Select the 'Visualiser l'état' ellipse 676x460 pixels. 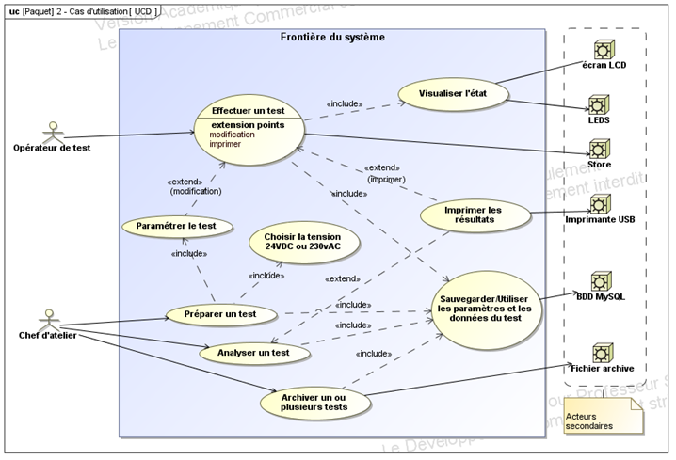[x=454, y=93]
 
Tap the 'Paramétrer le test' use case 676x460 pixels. [x=176, y=226]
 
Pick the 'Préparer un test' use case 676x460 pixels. [x=221, y=313]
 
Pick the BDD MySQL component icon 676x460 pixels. [x=600, y=280]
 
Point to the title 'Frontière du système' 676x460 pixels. [x=332, y=37]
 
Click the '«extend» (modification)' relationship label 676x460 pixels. [x=196, y=185]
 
